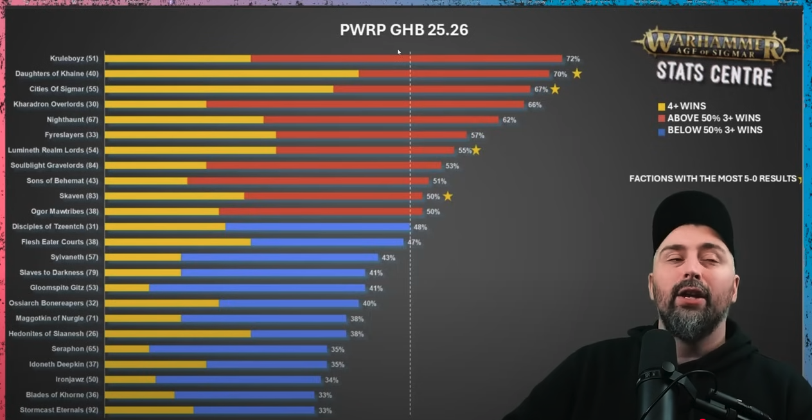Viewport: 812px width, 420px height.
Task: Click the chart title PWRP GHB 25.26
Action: coord(403,30)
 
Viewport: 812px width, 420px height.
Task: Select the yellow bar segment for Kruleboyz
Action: coord(177,59)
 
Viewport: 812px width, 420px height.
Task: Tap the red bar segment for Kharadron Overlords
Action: coord(365,104)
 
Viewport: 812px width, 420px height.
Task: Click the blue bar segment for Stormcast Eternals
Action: coord(254,410)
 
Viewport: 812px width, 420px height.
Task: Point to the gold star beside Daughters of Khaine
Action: coord(577,73)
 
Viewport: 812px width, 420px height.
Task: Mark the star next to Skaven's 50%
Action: coord(448,196)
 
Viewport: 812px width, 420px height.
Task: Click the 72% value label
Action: coord(573,59)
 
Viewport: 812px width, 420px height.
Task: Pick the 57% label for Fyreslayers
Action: coord(477,135)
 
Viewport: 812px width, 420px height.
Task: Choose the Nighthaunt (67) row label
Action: coord(72,120)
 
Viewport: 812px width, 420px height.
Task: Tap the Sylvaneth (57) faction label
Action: coord(75,257)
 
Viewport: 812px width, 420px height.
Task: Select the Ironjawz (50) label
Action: coord(76,379)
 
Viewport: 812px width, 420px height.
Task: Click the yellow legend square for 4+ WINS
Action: coord(661,107)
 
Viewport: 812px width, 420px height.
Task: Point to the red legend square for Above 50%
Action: coord(661,118)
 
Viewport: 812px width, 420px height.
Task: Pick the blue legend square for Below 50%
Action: coord(661,131)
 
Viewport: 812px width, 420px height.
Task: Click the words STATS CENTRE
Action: coord(714,74)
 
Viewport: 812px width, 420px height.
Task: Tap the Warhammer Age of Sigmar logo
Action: coord(715,45)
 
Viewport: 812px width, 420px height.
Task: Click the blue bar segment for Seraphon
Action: coord(238,349)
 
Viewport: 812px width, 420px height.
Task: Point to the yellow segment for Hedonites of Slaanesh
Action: coord(177,334)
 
